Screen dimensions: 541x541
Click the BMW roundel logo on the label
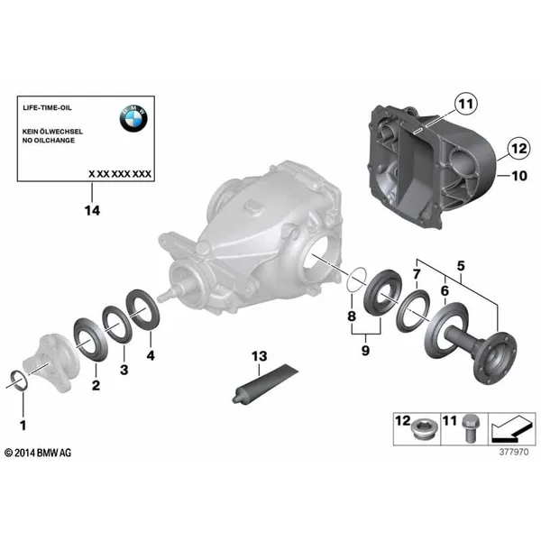[133, 118]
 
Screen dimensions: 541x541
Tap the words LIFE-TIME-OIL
[47, 107]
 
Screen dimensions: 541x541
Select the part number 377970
[514, 452]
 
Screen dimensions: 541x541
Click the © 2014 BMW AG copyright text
[38, 453]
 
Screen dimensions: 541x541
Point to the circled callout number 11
[466, 104]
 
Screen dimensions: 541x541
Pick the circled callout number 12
[519, 149]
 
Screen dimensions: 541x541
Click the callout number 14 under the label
[92, 210]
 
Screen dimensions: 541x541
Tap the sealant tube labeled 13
[265, 382]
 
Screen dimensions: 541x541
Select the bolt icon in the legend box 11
[469, 428]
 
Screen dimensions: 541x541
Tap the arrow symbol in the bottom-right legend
[511, 429]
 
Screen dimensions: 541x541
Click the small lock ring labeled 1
[20, 373]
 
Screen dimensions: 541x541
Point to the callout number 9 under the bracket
[365, 351]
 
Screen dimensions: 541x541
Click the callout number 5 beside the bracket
[461, 266]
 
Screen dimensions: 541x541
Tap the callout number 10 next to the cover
[519, 176]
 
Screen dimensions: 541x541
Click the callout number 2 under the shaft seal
[96, 385]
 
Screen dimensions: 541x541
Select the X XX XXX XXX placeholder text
[120, 174]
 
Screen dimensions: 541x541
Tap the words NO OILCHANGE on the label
[49, 141]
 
